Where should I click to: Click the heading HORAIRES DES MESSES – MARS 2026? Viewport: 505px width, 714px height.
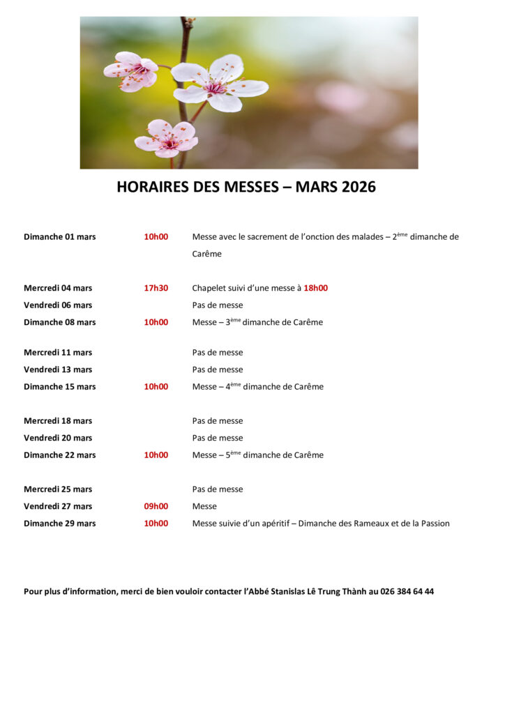pos(246,187)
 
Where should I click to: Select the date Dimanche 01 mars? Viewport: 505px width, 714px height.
pos(59,237)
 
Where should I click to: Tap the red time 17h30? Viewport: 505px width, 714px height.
pos(156,288)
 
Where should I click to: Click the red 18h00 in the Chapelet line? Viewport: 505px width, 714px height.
pos(315,288)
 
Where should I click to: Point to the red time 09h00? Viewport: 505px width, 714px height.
pos(156,506)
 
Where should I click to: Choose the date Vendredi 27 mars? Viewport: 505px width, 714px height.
pos(58,506)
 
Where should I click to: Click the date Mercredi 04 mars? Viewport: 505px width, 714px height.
pos(58,288)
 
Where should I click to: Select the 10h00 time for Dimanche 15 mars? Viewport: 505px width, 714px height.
pos(156,387)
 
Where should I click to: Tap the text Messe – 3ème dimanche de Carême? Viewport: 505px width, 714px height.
pos(257,322)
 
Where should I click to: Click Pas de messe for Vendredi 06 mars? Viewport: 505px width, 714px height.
pos(218,305)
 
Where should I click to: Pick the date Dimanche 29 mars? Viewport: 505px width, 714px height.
pos(59,524)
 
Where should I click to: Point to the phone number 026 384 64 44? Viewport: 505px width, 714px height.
pos(407,591)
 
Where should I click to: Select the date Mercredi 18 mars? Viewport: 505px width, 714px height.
pos(58,421)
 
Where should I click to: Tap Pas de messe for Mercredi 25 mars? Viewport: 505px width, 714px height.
pos(218,489)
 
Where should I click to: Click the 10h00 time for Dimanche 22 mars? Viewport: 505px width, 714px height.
pos(156,455)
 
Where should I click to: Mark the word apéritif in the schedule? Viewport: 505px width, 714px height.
pos(274,524)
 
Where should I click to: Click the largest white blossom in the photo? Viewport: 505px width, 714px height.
pos(218,84)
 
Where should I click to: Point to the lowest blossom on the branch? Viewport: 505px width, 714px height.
pos(167,137)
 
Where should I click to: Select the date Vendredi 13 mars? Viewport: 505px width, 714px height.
pos(58,370)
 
